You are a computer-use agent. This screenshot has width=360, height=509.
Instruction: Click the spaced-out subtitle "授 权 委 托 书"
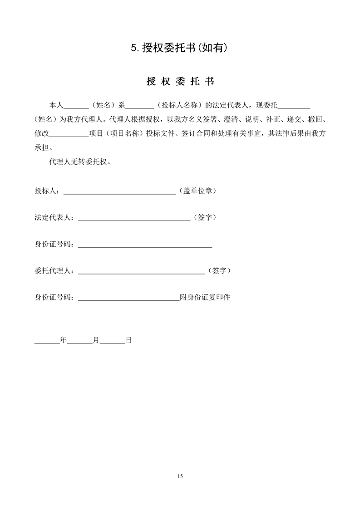180,82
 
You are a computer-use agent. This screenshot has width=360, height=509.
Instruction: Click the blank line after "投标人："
119,191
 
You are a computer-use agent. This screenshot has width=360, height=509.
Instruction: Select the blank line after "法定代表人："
134,218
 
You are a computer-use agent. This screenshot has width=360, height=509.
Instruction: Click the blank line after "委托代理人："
142,271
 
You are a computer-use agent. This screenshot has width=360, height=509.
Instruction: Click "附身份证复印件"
205,298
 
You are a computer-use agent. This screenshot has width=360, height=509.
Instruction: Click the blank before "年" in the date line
47,340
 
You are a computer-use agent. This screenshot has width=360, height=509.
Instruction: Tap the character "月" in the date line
96,339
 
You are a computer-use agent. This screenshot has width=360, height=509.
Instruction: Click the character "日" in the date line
128,339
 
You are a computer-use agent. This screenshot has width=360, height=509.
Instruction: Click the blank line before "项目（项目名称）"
68,135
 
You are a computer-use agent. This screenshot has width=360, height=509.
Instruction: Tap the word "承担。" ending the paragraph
44,148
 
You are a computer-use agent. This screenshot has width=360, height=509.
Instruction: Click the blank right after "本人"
76,107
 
